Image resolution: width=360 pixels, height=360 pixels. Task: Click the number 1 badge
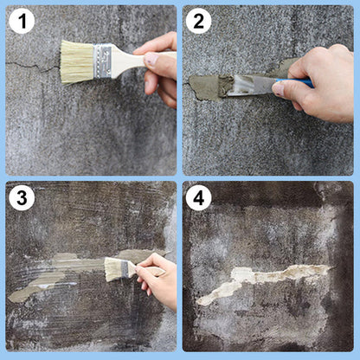(x=21, y=21)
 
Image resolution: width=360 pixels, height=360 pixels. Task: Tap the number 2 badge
(x=198, y=21)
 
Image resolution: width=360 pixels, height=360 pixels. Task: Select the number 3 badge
(x=21, y=197)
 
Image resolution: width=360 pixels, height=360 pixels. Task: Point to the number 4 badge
(x=198, y=197)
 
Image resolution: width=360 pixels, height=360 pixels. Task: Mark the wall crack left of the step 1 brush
(x=30, y=65)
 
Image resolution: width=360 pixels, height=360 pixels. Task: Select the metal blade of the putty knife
(x=251, y=84)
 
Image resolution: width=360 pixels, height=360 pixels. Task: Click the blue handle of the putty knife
(x=303, y=83)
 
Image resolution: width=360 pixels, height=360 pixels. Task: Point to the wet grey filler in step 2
(x=208, y=86)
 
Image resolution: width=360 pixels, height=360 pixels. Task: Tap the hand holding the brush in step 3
(x=159, y=279)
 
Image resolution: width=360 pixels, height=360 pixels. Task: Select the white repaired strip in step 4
(x=260, y=279)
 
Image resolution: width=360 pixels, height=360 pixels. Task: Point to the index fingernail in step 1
(x=151, y=60)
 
